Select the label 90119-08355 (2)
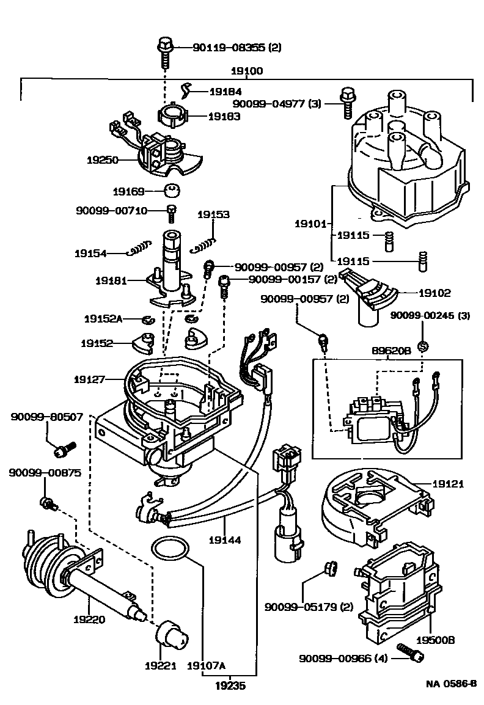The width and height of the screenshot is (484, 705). click(229, 47)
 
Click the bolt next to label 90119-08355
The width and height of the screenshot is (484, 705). click(165, 51)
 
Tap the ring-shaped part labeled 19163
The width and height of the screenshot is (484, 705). click(172, 116)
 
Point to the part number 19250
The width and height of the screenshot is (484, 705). click(102, 159)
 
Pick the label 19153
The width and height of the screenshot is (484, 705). click(213, 214)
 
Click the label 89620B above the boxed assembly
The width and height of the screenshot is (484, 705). click(387, 352)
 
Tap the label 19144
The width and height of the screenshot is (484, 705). click(224, 540)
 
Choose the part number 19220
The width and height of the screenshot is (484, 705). click(89, 619)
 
